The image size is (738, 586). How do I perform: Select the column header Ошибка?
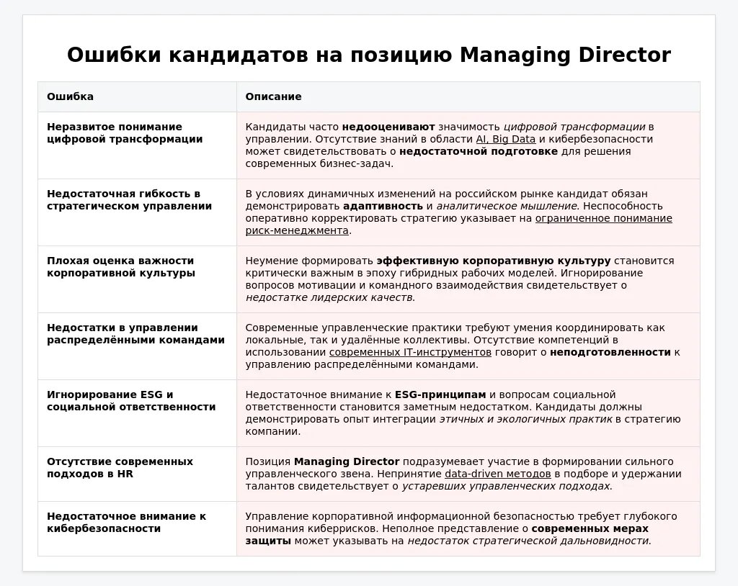tap(70, 96)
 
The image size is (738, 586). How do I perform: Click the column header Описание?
tap(273, 96)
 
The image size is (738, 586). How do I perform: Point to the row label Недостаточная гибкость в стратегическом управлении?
tap(129, 200)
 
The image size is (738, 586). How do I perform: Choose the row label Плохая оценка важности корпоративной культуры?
tap(120, 267)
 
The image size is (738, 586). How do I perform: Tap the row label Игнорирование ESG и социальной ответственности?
tap(131, 401)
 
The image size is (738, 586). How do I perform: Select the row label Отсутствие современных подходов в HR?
tap(120, 468)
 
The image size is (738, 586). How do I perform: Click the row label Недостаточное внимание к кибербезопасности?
tap(126, 523)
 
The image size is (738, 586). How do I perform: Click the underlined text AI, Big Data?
tap(505, 139)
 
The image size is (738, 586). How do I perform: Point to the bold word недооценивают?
tap(388, 127)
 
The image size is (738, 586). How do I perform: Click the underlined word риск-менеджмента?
tap(297, 230)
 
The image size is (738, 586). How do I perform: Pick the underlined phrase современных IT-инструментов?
tap(410, 352)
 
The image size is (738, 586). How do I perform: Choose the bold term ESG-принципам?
tap(440, 395)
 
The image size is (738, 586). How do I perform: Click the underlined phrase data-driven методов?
tap(497, 474)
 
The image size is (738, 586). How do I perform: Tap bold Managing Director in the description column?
tap(347, 461)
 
